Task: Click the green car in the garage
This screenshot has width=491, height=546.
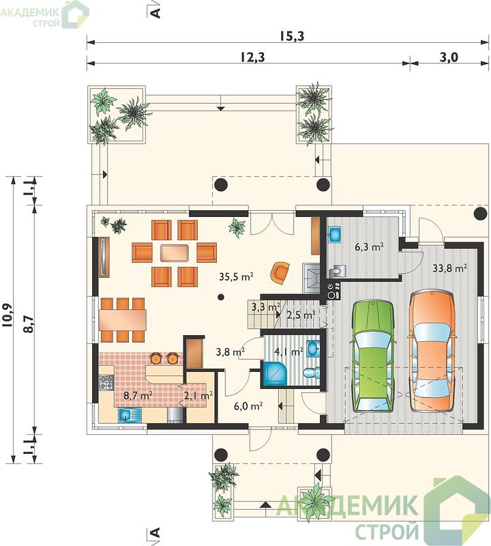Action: (x=373, y=356)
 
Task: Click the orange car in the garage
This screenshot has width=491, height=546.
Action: (x=433, y=352)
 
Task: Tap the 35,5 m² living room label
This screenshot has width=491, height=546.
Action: (x=236, y=277)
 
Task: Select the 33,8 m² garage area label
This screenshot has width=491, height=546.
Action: (x=449, y=268)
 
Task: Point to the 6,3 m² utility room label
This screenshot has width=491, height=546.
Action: (x=369, y=247)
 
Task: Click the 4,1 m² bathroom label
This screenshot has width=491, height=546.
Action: (x=288, y=352)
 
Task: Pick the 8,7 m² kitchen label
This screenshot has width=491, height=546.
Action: (x=138, y=395)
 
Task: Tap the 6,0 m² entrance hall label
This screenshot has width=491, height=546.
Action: (x=248, y=406)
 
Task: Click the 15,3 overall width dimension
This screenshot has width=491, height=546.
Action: (x=292, y=36)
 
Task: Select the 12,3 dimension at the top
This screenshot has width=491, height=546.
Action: (x=252, y=57)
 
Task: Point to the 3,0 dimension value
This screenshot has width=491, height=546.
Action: (x=449, y=57)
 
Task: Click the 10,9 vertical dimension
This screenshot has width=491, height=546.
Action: (x=8, y=315)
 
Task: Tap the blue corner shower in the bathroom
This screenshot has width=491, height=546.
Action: (x=275, y=373)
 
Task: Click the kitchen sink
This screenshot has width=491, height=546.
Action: (x=130, y=415)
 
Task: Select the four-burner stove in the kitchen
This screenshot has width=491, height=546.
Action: (x=106, y=382)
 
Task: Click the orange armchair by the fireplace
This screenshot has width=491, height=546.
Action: (x=280, y=272)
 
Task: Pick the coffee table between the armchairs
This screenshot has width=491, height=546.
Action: (x=175, y=253)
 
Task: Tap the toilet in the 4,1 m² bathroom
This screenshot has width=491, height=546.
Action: (x=312, y=373)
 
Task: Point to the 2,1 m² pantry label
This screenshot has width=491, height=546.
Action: (x=198, y=396)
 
